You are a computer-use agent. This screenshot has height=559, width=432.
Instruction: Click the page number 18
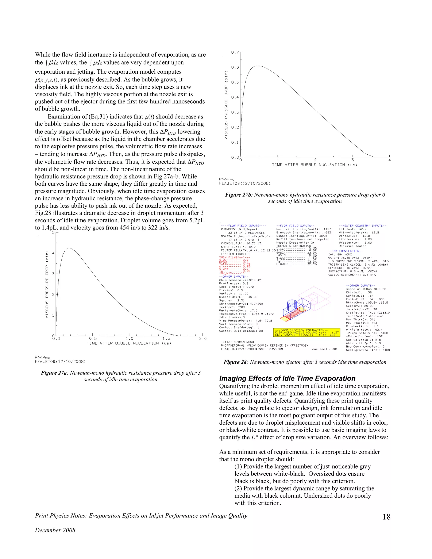point(386,517)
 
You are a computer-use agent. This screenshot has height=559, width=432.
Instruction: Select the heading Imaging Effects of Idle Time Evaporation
point(287,378)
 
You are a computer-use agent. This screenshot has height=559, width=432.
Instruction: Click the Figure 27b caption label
point(238,195)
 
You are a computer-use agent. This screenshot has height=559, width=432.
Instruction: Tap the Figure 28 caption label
point(235,362)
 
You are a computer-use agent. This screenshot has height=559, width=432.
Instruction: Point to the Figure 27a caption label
point(54,373)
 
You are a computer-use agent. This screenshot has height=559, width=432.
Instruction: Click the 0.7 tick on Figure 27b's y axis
point(235,52)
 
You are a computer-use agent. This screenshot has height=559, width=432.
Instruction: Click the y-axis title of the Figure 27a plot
point(47,284)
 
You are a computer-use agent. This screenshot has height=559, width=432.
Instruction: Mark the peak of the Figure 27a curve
point(69,248)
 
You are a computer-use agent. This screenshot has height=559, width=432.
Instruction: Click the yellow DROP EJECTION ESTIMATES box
point(306,332)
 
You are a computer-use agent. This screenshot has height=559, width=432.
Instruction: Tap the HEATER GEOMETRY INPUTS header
point(362,226)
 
